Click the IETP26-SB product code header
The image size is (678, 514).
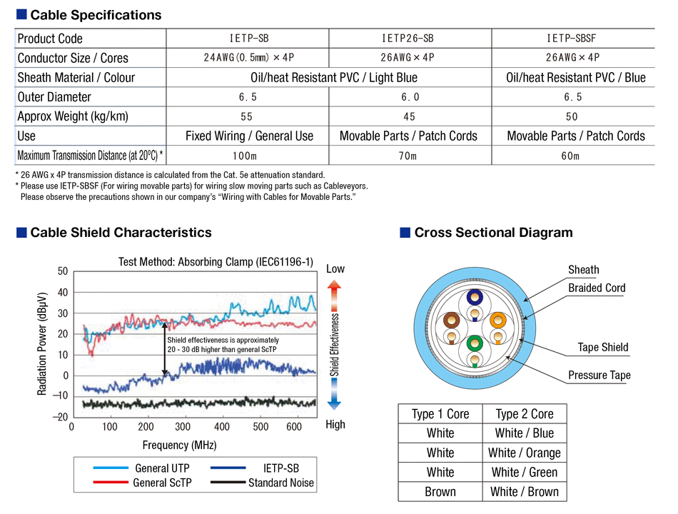[x=409, y=39]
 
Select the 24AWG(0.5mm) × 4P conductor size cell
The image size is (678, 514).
[x=247, y=58]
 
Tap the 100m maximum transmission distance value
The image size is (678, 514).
[x=247, y=155]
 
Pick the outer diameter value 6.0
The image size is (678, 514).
[x=410, y=97]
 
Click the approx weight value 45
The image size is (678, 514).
[x=410, y=116]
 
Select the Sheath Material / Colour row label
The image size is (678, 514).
[x=76, y=77]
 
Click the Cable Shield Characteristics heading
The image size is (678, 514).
[x=121, y=232]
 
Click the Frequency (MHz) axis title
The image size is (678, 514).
[x=179, y=445]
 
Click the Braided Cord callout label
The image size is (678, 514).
[x=597, y=288]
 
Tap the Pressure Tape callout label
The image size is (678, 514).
[x=599, y=375]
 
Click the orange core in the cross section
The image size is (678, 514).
[x=498, y=321]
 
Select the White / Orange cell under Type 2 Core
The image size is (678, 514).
[x=524, y=453]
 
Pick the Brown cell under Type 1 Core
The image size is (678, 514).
[x=440, y=491]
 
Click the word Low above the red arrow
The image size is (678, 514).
[x=335, y=268]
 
